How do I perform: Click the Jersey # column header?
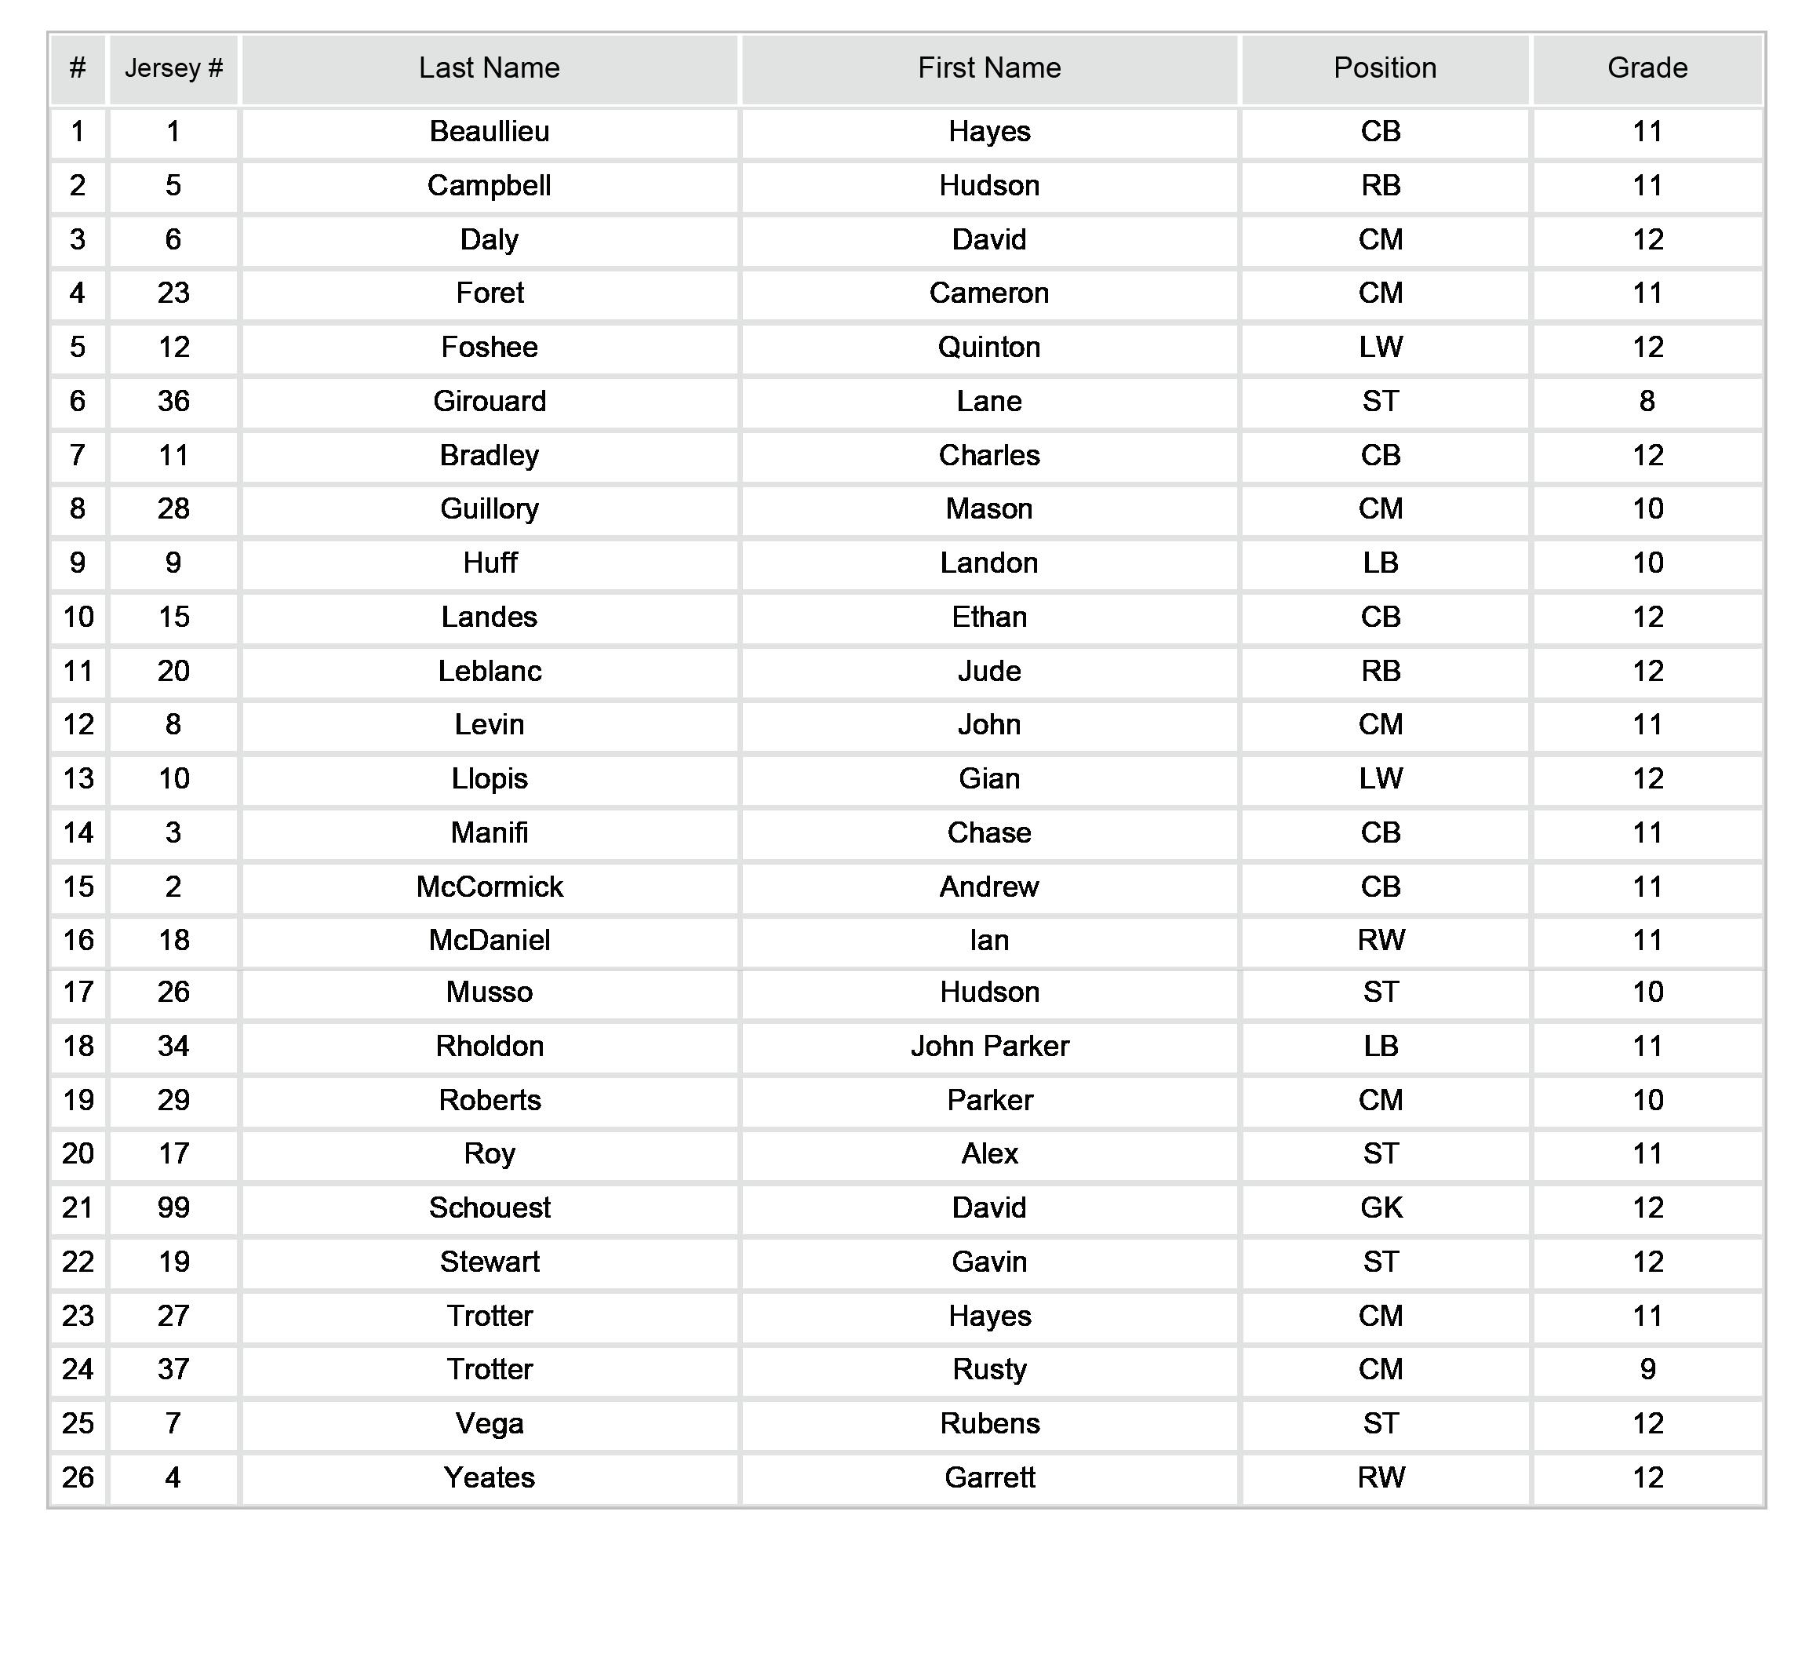(173, 68)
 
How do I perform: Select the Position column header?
(1384, 68)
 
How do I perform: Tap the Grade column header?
(1647, 68)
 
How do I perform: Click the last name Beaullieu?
(489, 132)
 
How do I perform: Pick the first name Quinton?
(988, 347)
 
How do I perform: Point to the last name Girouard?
(489, 401)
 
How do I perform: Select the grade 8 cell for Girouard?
(1647, 401)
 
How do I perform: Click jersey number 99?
(173, 1207)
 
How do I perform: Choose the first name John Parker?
(988, 1046)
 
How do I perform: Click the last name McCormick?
(489, 887)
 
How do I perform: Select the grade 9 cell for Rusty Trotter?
(1647, 1369)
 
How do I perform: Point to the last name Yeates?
(489, 1477)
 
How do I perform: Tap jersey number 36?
(173, 401)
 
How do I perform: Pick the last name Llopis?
(489, 778)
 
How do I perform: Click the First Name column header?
(988, 68)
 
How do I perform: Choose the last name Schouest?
(489, 1207)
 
